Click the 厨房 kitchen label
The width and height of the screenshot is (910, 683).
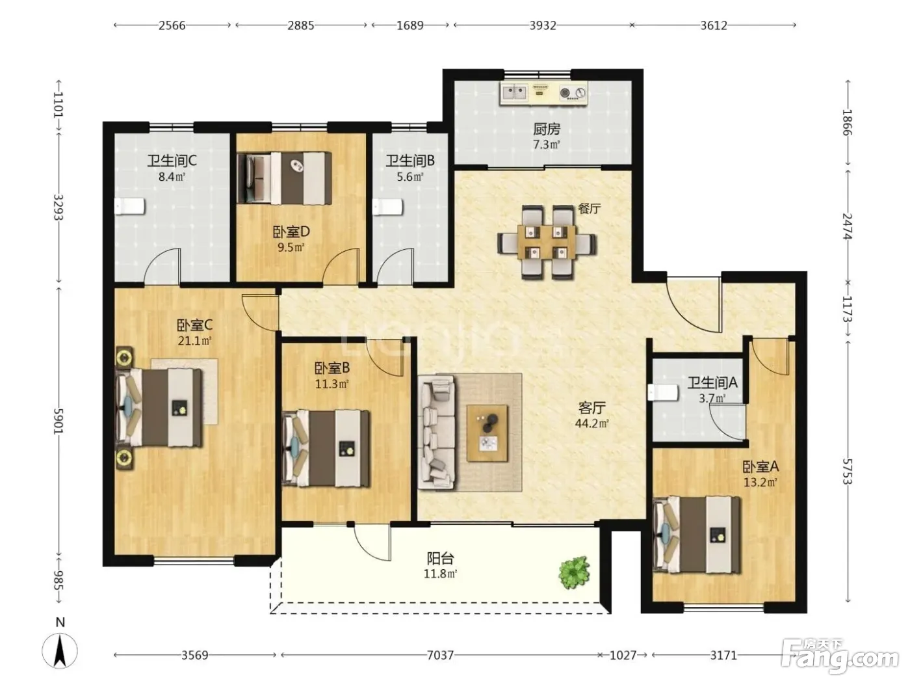[547, 129]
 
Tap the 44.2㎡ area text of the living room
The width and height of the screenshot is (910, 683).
[591, 423]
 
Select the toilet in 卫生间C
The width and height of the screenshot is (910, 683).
[130, 206]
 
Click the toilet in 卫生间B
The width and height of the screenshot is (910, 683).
[387, 207]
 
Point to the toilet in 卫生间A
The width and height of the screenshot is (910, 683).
[662, 392]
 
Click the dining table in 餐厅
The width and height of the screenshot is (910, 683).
[547, 242]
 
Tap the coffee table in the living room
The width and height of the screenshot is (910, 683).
[487, 433]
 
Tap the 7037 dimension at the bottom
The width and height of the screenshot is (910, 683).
[440, 655]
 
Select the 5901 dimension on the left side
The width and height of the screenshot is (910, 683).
[58, 420]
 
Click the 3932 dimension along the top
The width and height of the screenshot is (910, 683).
[543, 25]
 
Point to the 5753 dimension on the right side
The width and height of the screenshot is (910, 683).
[848, 471]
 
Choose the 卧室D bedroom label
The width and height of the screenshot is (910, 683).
[291, 232]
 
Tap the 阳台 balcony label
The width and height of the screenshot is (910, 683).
[440, 559]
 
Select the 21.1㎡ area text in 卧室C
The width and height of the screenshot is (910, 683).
[194, 341]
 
